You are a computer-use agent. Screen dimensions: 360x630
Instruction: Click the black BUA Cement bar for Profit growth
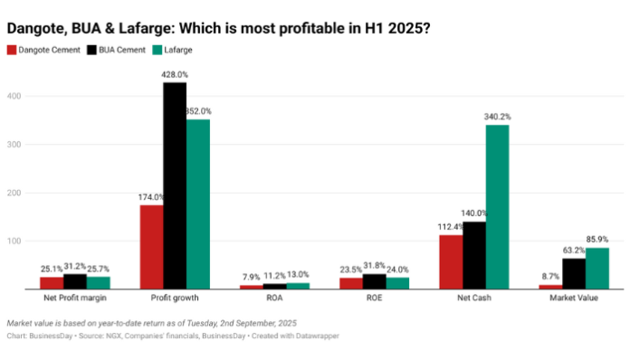coord(174,186)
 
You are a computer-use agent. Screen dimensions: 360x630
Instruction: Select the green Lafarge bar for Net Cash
coord(497,207)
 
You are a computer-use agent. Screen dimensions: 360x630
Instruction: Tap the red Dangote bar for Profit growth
coord(150,247)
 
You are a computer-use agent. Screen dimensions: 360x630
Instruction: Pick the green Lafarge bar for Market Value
coord(597,269)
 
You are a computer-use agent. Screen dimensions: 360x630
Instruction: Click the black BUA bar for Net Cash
coord(473,256)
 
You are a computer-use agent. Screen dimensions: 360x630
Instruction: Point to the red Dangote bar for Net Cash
coord(450,262)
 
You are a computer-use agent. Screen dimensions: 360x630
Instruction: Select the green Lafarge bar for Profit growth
coord(197,204)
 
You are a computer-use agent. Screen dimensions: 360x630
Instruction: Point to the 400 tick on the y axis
coord(14,95)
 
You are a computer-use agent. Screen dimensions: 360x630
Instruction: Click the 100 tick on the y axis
coord(14,242)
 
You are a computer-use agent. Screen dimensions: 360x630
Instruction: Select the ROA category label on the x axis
coord(273,298)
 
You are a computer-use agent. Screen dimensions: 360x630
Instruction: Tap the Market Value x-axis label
coord(574,298)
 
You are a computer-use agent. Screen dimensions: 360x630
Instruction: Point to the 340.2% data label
coord(497,118)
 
